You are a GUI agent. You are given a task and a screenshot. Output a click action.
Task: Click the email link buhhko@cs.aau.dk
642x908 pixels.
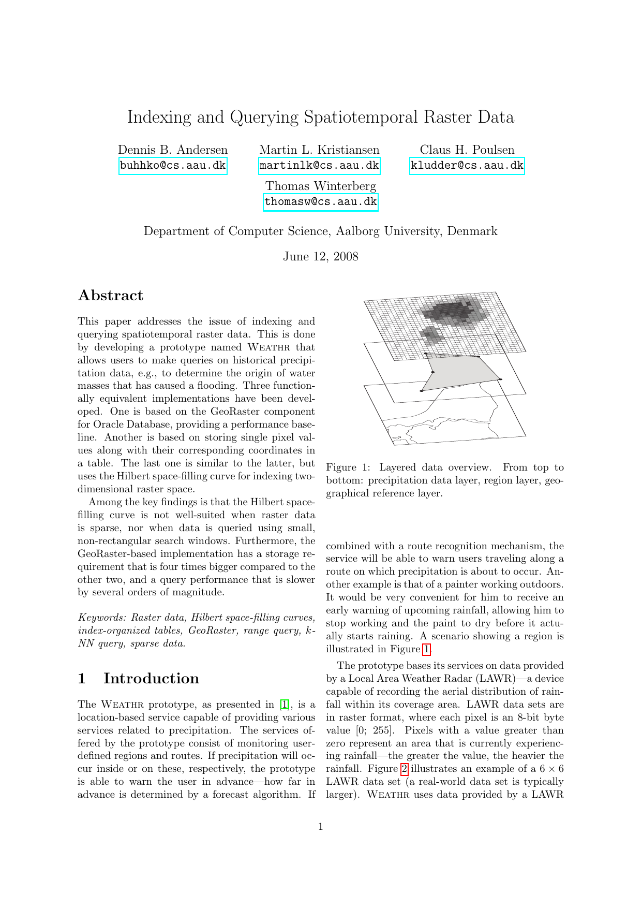coord(173,166)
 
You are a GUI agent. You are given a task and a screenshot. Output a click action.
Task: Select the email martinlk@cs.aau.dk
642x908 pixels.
coord(319,166)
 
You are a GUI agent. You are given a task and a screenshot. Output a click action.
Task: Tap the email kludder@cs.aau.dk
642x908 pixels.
coord(467,166)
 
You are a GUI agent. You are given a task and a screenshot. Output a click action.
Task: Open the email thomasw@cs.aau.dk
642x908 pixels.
coord(320,202)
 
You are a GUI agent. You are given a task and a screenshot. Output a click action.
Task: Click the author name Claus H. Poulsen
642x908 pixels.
coord(467,150)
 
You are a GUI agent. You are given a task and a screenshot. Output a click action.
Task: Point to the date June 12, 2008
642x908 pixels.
coord(320,257)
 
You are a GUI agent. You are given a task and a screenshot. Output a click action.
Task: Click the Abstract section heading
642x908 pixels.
coord(110,296)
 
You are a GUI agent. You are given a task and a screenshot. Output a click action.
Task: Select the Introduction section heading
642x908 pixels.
coord(151,679)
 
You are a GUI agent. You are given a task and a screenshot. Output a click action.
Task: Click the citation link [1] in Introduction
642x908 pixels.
coord(285,705)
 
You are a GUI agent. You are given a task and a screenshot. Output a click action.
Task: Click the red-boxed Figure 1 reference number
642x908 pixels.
coord(426,649)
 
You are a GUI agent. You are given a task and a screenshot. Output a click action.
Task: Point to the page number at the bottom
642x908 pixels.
coord(321,827)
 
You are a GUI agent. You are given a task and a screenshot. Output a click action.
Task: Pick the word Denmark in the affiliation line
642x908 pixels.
coord(472,231)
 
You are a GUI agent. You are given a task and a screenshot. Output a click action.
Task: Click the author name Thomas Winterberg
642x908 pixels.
coord(320,186)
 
